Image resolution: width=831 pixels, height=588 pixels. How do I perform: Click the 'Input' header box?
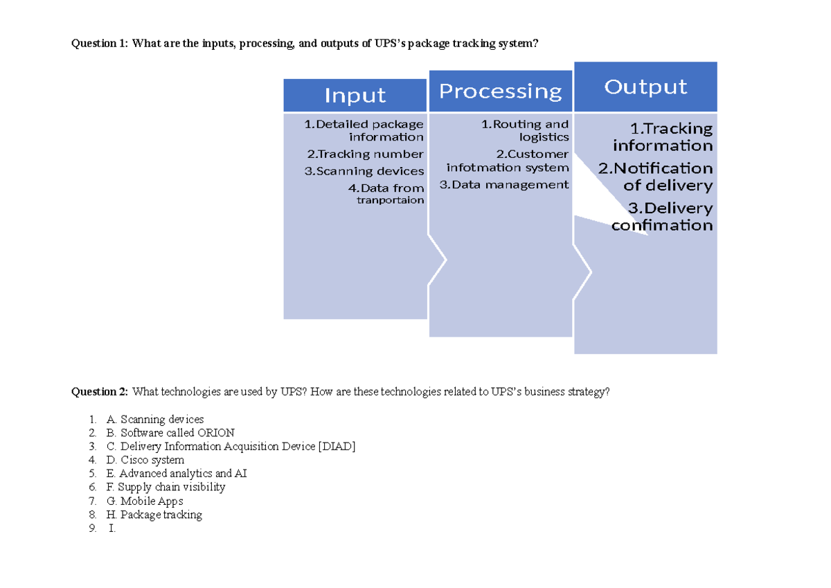[355, 96]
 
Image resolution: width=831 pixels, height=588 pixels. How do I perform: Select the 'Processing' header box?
[500, 91]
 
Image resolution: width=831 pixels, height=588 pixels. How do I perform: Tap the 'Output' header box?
[645, 87]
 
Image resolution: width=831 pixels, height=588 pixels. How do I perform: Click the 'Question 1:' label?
[100, 44]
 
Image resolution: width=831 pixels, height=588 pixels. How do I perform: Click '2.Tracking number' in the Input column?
[365, 154]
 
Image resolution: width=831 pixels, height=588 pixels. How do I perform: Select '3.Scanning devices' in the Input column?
[364, 171]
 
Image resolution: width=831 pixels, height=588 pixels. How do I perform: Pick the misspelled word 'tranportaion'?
[390, 200]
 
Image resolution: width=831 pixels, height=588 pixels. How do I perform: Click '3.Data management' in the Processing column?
[504, 184]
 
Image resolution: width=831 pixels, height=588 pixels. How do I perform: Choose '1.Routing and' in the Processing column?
[525, 125]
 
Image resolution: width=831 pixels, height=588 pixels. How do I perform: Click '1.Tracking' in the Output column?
[671, 128]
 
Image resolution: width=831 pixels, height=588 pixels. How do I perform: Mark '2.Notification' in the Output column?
[655, 168]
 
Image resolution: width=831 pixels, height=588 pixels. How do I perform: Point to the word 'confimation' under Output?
[662, 225]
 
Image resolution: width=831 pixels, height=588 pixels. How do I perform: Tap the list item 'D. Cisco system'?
[145, 460]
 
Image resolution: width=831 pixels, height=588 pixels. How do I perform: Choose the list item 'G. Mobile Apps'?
[145, 501]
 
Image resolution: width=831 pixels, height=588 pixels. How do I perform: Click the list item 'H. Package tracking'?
[154, 515]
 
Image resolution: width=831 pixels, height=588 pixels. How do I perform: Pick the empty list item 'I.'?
[111, 528]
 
